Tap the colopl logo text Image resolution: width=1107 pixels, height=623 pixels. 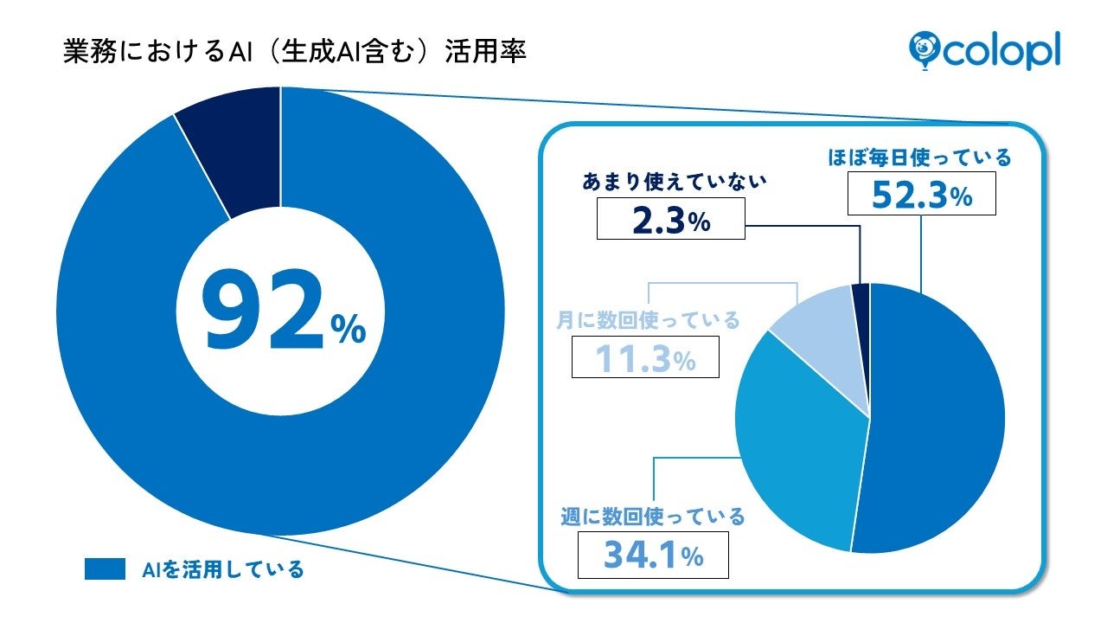coord(1004,49)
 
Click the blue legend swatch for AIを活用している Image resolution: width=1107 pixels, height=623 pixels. coord(106,568)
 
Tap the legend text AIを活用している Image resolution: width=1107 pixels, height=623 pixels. coord(223,569)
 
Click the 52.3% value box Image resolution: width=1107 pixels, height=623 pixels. coord(922,194)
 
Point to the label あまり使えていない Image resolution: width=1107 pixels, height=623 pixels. coord(670,183)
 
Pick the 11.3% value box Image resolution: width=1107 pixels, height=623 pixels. coord(645,356)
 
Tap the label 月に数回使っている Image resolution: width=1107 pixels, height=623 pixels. coord(648,320)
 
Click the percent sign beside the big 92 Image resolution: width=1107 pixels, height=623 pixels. coord(349,330)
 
